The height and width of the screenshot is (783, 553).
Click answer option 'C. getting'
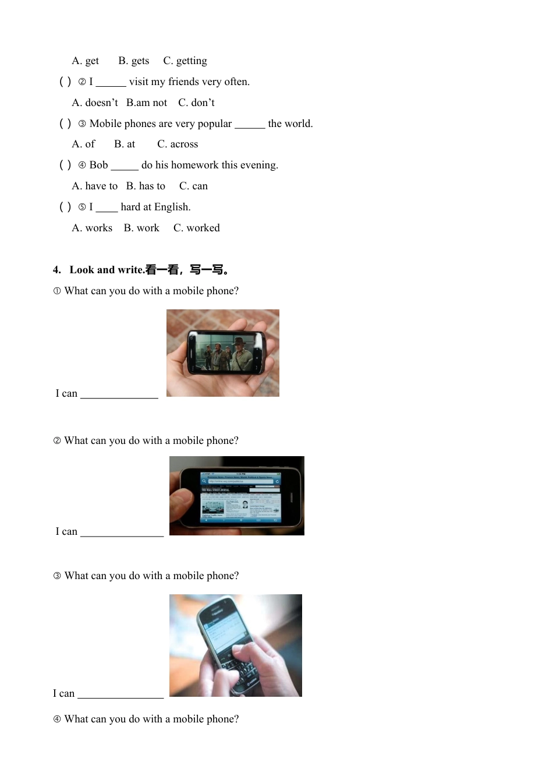coord(185,61)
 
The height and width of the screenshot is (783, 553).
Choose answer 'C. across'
coord(178,144)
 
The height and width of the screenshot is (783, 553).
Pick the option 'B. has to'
coord(146,186)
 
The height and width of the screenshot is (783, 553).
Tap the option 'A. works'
coord(92,228)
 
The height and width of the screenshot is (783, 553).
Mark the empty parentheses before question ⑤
coord(65,207)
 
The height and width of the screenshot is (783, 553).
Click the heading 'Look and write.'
coord(107,270)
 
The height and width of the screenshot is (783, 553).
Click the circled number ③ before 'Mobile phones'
coord(82,124)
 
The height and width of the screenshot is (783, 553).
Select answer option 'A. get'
coord(85,61)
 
